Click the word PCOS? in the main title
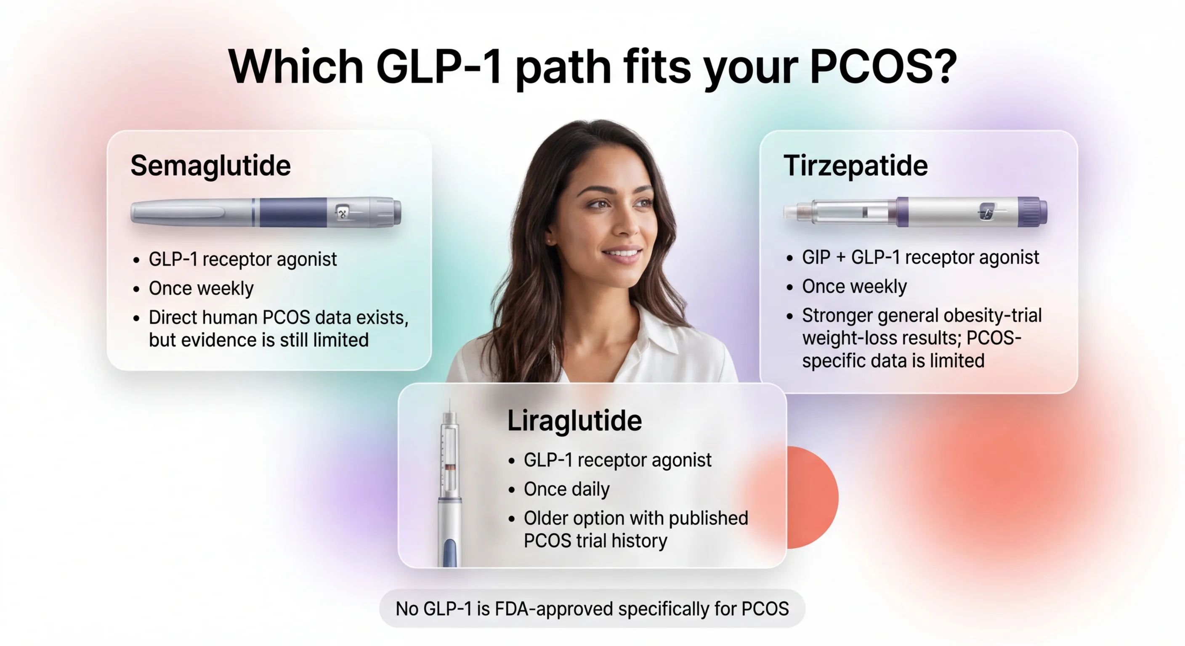coord(883,67)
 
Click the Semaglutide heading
coord(210,166)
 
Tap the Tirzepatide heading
coord(856,166)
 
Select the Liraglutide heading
coord(574,420)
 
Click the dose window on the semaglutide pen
coord(341,212)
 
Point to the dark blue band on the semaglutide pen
coord(292,212)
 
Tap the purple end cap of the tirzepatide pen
coord(1032,212)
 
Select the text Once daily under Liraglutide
coord(566,489)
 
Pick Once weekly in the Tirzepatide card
coord(854,286)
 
